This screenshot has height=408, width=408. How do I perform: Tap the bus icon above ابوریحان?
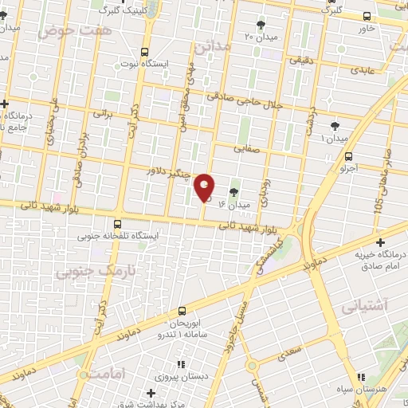point(182,311)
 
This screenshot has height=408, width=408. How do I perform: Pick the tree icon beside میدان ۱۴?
point(234,192)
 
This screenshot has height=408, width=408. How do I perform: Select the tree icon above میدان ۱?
point(335,125)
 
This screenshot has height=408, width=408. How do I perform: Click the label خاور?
point(366,28)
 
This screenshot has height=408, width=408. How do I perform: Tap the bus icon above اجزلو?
point(350,156)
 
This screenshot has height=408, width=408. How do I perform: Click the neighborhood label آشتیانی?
point(363,305)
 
